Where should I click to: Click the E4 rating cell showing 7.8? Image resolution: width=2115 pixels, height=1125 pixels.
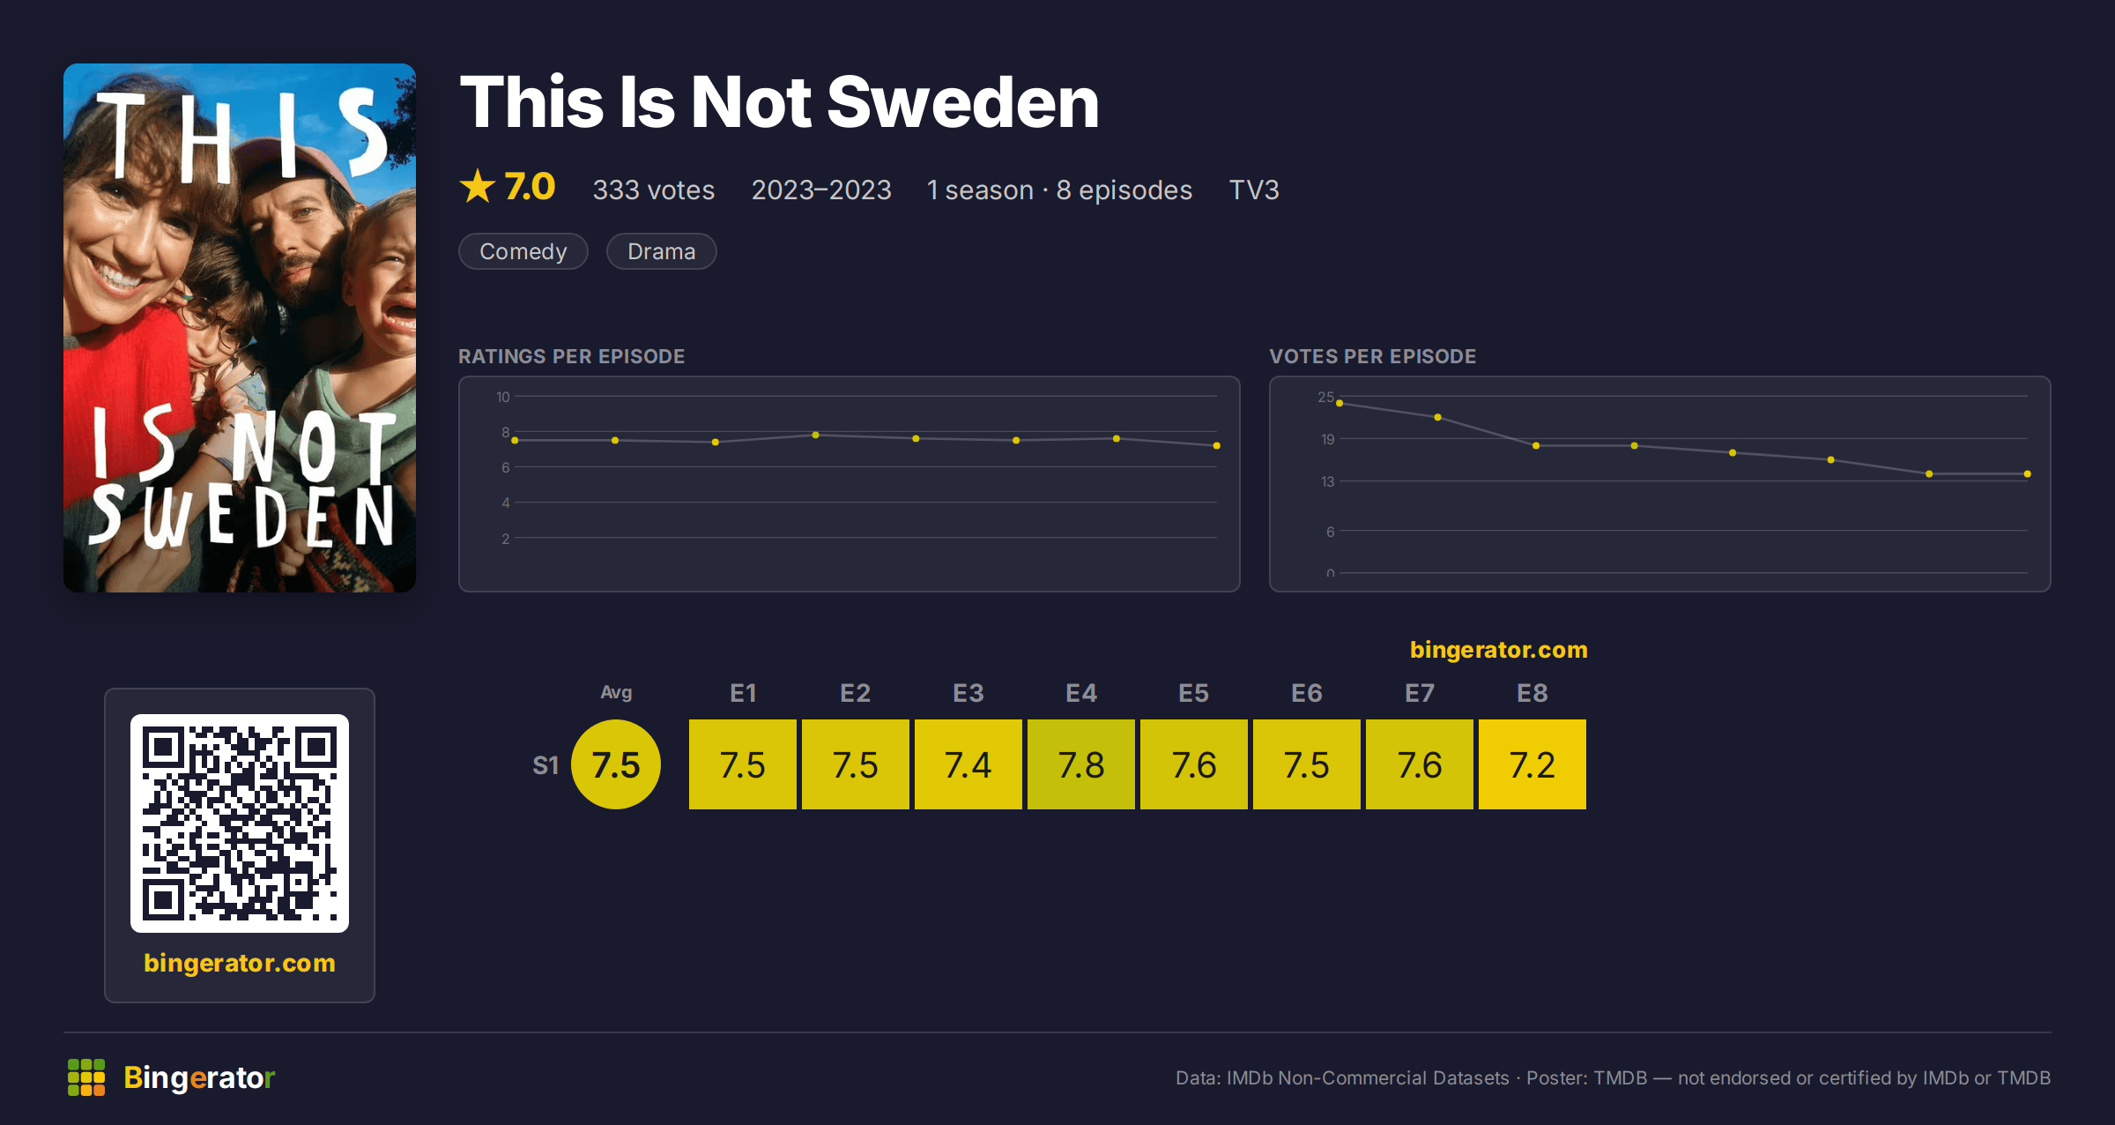(x=1081, y=764)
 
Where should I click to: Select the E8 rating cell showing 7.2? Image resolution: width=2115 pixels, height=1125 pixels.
(x=1532, y=764)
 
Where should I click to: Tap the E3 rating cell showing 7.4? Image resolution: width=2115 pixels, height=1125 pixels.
(x=968, y=764)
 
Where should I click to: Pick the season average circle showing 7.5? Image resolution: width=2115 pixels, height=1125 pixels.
(x=616, y=764)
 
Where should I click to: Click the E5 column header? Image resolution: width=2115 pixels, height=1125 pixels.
(x=1194, y=693)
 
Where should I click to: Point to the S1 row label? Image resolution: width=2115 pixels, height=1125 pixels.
(x=545, y=765)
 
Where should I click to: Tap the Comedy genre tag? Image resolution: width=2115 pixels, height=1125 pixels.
(x=523, y=251)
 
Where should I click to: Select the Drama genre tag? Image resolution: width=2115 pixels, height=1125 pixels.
(x=662, y=251)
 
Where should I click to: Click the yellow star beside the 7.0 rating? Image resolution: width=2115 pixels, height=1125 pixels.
(x=478, y=186)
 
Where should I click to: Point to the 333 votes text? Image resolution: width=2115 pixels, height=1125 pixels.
(x=654, y=190)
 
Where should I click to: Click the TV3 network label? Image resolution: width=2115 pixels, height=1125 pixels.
(x=1254, y=190)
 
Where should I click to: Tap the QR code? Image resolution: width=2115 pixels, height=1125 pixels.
(x=240, y=823)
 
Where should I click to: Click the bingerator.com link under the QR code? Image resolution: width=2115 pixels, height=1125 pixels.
(x=240, y=963)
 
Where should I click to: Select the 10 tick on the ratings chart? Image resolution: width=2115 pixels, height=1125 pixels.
(x=502, y=397)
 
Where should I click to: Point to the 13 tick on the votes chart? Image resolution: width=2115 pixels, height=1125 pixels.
(x=1327, y=481)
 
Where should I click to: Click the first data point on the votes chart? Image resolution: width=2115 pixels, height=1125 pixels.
(x=1339, y=403)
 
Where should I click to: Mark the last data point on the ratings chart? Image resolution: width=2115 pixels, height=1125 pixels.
(x=1217, y=445)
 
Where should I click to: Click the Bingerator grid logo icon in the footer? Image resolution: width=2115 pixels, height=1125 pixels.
(x=86, y=1077)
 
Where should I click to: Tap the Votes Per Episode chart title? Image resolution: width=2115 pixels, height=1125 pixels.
(x=1372, y=356)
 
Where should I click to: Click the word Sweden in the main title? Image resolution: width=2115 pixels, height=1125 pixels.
(x=963, y=102)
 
